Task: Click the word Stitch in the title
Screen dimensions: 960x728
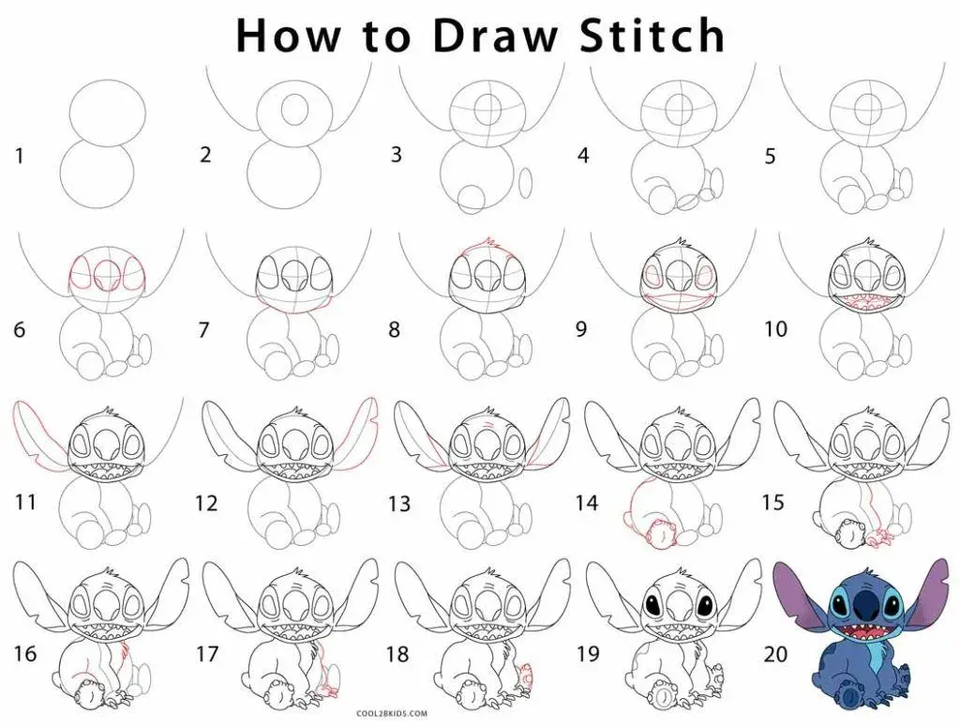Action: tap(652, 36)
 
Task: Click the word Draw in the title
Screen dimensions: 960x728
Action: tap(495, 36)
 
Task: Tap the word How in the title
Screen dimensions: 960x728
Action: tap(287, 36)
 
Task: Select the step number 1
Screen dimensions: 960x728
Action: tap(20, 157)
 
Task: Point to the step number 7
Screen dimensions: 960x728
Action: tap(203, 330)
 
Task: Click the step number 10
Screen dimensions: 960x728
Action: tap(775, 329)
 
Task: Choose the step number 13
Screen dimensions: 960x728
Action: tap(399, 504)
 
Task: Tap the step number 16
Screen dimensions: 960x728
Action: tap(25, 654)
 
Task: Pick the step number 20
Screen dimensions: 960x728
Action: tap(775, 654)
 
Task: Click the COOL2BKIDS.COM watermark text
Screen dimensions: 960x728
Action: tap(392, 713)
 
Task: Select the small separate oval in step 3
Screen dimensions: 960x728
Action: tap(526, 183)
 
